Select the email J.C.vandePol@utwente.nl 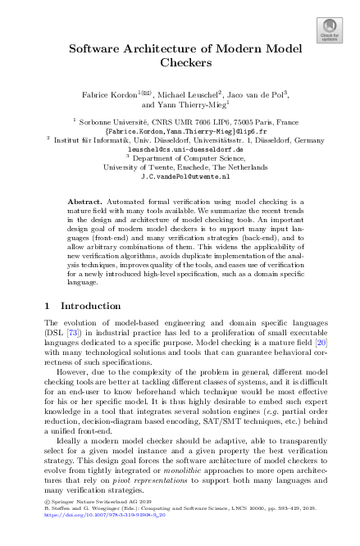180,176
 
